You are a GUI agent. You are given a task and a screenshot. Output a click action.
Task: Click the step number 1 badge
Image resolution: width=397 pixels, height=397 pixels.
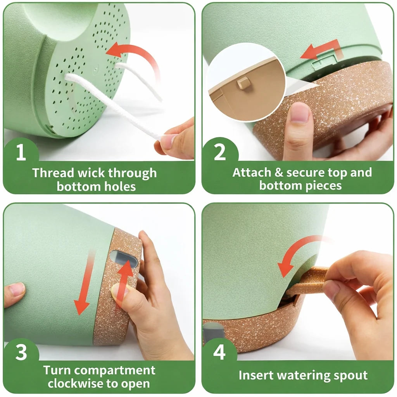coord(21,152)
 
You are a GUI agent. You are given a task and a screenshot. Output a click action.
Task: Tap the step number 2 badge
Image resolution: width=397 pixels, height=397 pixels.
coord(219,152)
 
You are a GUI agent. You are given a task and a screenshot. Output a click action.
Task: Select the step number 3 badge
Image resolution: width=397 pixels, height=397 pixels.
coord(21,352)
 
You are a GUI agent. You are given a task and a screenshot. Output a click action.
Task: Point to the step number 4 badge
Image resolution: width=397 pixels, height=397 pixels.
coord(219,352)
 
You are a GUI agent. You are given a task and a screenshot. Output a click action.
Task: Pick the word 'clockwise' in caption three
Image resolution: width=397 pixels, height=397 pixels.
coord(76,383)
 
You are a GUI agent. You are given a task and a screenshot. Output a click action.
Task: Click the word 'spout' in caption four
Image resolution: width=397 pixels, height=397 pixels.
coord(350,375)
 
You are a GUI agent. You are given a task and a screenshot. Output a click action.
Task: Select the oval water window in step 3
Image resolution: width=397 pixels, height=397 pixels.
coord(124,259)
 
